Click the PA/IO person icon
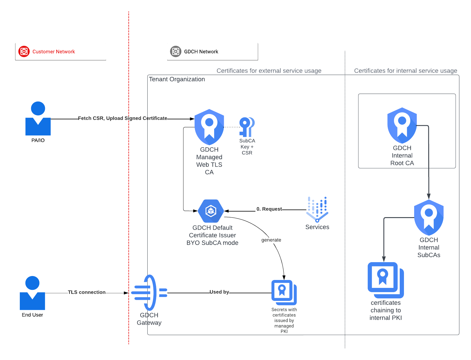click(x=38, y=118)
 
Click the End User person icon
click(x=32, y=293)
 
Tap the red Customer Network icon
click(x=24, y=51)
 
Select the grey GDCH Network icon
click(x=175, y=51)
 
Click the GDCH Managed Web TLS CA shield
click(x=209, y=127)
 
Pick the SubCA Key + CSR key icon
click(x=247, y=127)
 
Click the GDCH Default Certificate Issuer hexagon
click(x=211, y=211)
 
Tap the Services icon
click(x=317, y=209)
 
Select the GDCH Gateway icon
click(x=149, y=293)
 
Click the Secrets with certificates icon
click(x=284, y=292)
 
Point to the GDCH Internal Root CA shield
click(x=402, y=125)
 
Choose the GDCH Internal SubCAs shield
click(x=429, y=217)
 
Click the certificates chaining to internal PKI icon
click(x=385, y=280)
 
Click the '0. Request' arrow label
click(x=269, y=209)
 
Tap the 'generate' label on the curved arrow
click(x=271, y=240)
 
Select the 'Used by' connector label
click(x=219, y=292)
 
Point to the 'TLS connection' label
click(x=87, y=292)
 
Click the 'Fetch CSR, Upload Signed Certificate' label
click(x=122, y=118)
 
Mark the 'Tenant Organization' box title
click(x=177, y=79)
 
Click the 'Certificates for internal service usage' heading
click(x=405, y=71)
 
